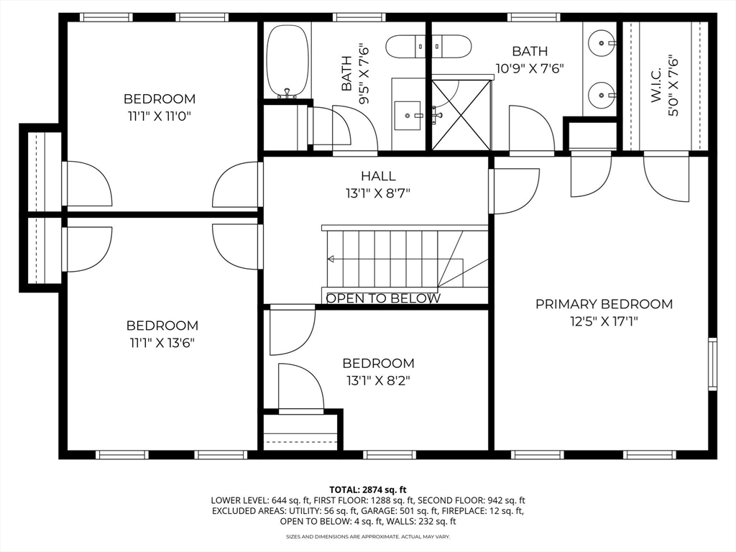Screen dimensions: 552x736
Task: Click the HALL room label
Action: click(x=378, y=175)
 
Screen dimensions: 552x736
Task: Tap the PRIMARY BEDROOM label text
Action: click(x=604, y=304)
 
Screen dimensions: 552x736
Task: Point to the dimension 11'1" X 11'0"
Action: click(x=160, y=115)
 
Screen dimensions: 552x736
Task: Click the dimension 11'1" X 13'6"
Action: click(x=162, y=342)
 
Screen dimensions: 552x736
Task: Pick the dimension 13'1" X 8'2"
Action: click(x=378, y=380)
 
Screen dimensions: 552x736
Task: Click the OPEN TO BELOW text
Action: click(x=383, y=298)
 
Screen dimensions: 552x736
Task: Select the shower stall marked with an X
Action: click(x=461, y=115)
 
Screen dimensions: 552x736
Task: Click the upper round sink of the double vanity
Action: click(x=600, y=42)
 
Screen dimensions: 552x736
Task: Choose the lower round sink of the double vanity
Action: click(x=600, y=94)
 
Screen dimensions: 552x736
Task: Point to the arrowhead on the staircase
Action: click(x=331, y=258)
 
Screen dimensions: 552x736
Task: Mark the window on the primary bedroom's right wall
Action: click(x=712, y=364)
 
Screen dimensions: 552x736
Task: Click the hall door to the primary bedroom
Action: click(x=515, y=191)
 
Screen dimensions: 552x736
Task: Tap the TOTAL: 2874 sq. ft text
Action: click(x=367, y=489)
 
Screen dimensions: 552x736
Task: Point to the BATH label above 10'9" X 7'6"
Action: click(x=530, y=51)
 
